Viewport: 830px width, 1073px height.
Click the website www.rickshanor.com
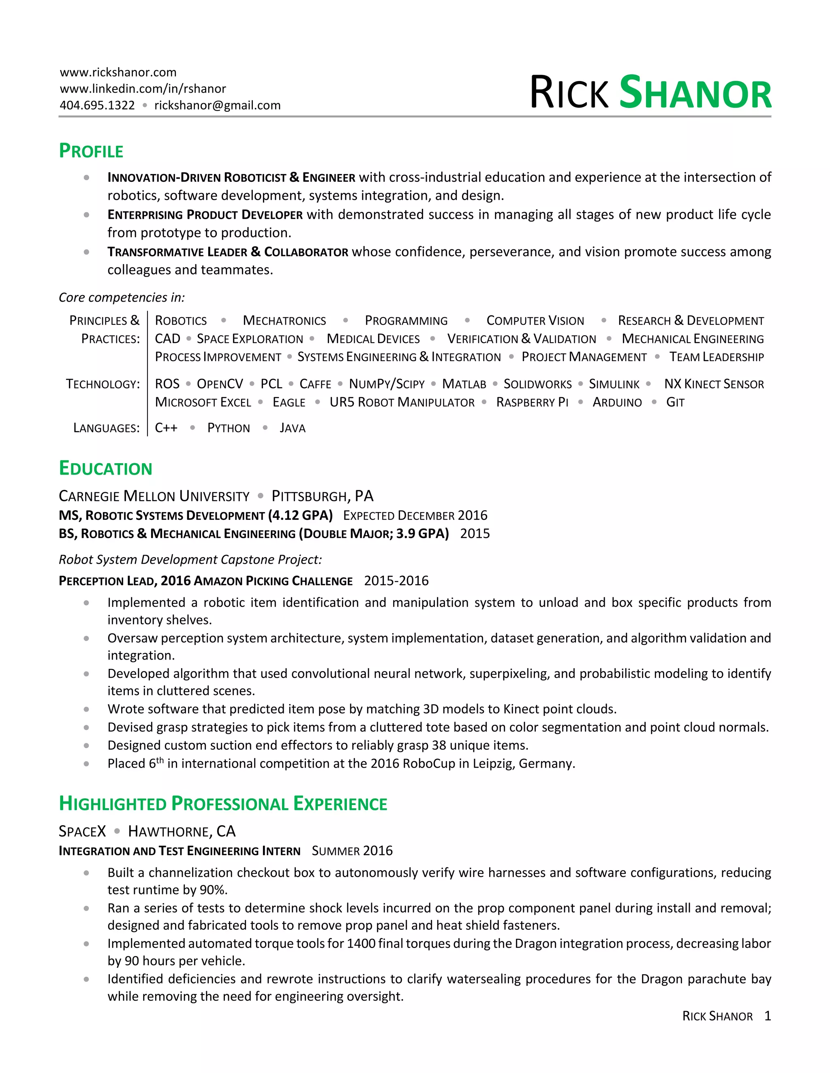pyautogui.click(x=118, y=72)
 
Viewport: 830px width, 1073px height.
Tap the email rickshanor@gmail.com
pyautogui.click(x=217, y=105)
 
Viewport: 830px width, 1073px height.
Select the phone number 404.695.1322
pyautogui.click(x=97, y=105)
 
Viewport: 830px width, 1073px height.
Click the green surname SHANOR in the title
pyautogui.click(x=695, y=93)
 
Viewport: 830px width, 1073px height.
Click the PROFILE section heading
pyautogui.click(x=91, y=151)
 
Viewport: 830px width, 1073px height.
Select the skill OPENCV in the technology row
pyautogui.click(x=220, y=384)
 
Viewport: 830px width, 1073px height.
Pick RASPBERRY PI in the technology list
pyautogui.click(x=532, y=402)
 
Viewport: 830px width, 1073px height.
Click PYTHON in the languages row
pyautogui.click(x=229, y=428)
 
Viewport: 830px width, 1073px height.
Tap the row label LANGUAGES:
pyautogui.click(x=106, y=428)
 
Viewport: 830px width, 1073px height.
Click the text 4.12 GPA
pyautogui.click(x=300, y=515)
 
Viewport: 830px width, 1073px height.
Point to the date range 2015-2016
pyautogui.click(x=396, y=581)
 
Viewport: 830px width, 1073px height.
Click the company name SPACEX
pyautogui.click(x=82, y=831)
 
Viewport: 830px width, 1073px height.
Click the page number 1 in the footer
pyautogui.click(x=768, y=1016)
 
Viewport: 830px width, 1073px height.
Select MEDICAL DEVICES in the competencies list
pyautogui.click(x=373, y=339)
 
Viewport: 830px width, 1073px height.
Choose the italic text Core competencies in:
pyautogui.click(x=122, y=297)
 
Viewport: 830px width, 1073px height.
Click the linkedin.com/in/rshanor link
pyautogui.click(x=143, y=88)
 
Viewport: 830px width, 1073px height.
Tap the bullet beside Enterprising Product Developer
pyautogui.click(x=87, y=215)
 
